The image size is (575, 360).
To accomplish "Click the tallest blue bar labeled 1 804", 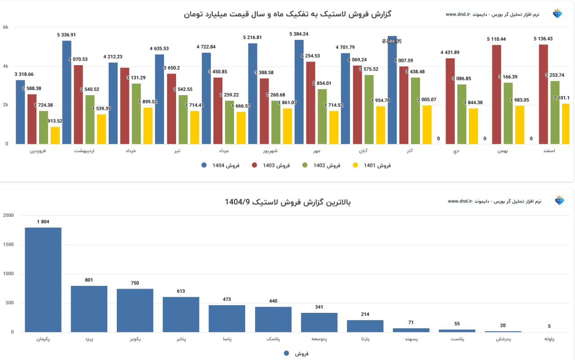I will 43,280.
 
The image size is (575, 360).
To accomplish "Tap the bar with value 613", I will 181,314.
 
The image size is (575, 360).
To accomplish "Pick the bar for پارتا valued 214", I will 365,326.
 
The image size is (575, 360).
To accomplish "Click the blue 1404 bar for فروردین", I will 20,112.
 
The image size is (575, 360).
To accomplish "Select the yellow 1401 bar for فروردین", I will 55,136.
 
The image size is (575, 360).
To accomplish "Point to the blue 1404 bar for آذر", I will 392,90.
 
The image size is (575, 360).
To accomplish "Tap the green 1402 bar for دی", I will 462,114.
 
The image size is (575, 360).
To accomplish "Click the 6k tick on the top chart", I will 5,27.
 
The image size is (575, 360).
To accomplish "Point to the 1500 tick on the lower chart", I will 9,245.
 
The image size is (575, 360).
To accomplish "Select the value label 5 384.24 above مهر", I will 299,34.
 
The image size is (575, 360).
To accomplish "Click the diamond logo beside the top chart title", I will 557,14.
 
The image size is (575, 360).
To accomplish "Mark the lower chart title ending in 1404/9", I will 287,202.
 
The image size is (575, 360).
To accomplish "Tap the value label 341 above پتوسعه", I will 319,307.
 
